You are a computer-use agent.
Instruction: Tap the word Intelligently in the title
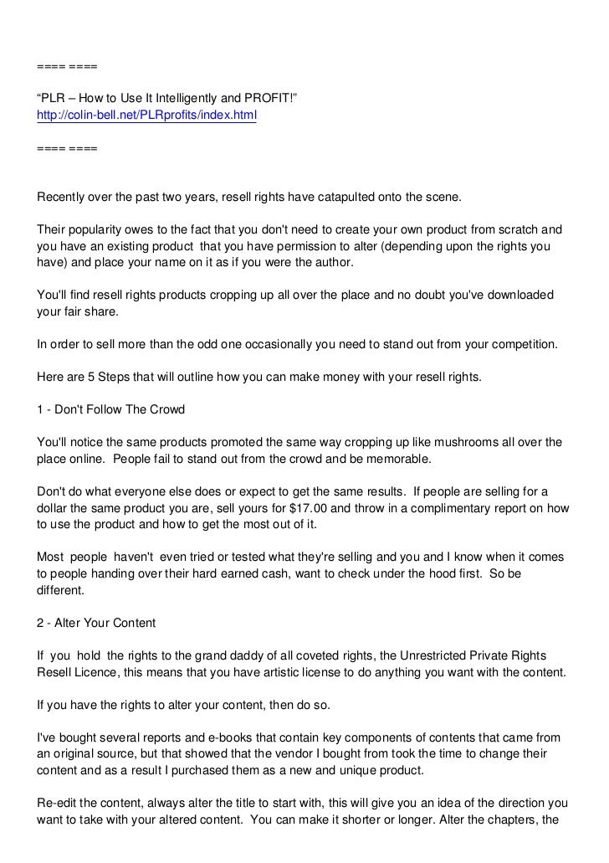[178, 101]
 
